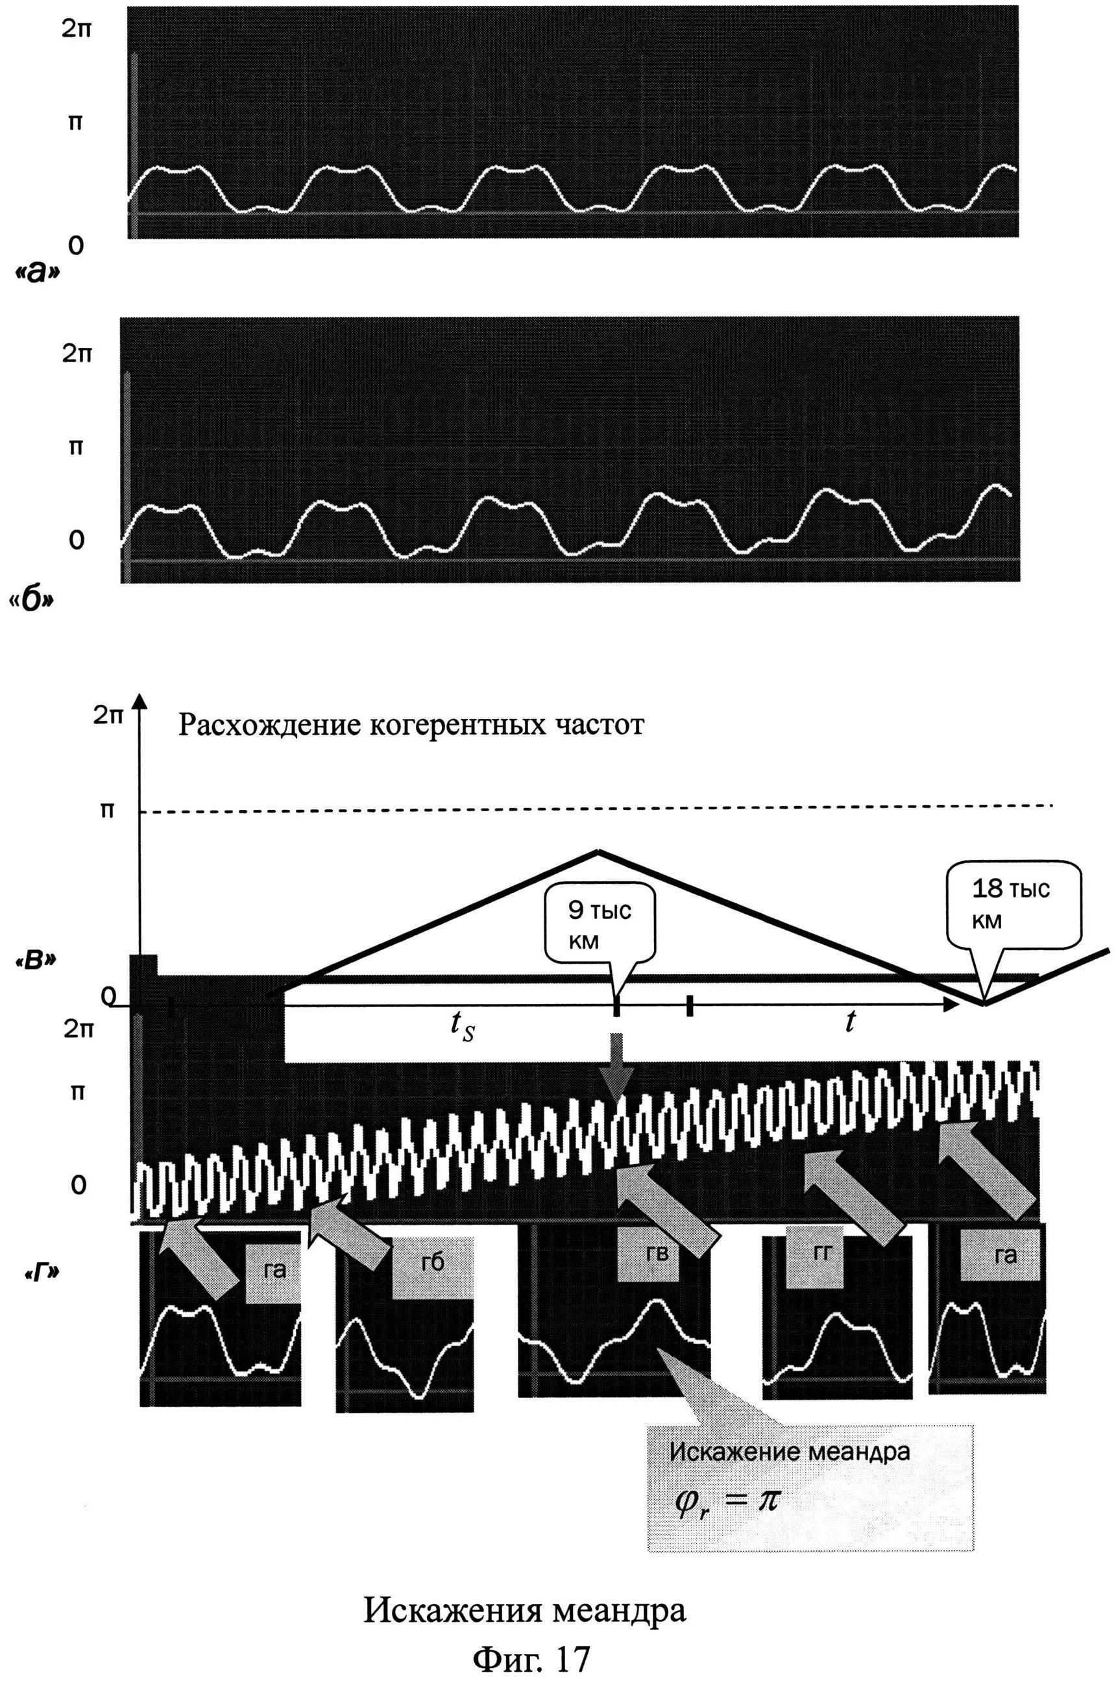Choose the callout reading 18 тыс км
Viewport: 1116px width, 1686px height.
click(1010, 905)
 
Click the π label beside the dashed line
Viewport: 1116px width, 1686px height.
click(107, 811)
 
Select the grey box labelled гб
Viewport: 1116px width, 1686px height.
click(432, 1262)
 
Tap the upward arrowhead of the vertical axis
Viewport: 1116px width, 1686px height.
click(141, 700)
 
